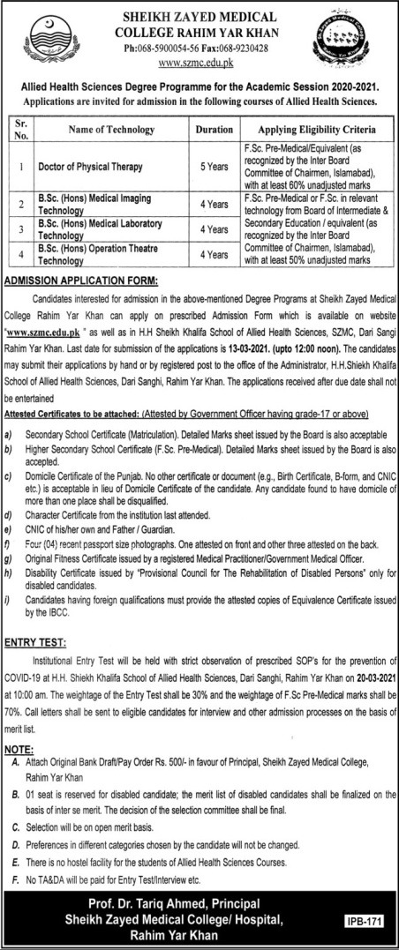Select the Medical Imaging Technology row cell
click(97, 206)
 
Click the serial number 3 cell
click(19, 230)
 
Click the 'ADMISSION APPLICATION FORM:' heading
click(81, 280)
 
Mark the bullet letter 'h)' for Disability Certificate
click(8, 572)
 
